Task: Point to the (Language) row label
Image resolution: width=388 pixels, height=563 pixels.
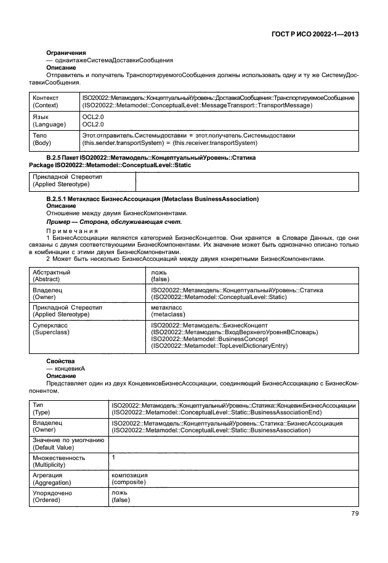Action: pos(49,124)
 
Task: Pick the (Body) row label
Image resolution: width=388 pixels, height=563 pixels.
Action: pos(42,142)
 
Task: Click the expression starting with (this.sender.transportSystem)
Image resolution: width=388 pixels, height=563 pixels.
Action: pos(169,142)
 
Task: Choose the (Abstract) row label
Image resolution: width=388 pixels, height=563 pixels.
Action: pos(45,279)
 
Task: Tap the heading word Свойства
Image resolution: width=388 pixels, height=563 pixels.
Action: pos(60,360)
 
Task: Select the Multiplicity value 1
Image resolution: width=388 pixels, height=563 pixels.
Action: pos(113,458)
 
